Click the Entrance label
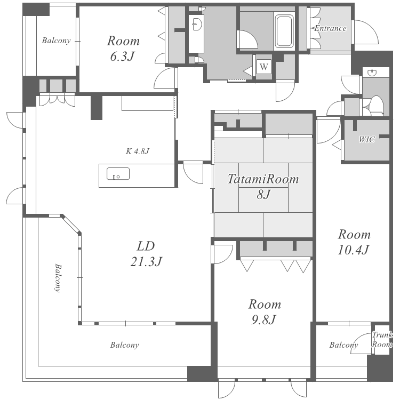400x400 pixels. pos(330,28)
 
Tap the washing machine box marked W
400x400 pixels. pos(264,67)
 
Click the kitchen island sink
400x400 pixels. pos(118,174)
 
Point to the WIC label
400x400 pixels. pos(367,139)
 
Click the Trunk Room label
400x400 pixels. pos(382,340)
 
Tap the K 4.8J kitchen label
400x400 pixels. pos(137,151)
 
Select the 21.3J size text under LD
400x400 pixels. pos(146,261)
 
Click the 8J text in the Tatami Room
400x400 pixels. pos(263,194)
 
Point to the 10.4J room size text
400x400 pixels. pos(354,250)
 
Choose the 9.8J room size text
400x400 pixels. pos(264,319)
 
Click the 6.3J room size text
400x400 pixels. pos(123,57)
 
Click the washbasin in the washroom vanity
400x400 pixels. pos(197,24)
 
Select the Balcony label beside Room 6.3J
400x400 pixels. pos(56,41)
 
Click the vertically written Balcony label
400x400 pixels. pos(58,278)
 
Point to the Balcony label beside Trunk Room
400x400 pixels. pos(343,345)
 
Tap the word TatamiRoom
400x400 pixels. pos(263,179)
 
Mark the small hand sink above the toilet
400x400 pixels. pos(372,73)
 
